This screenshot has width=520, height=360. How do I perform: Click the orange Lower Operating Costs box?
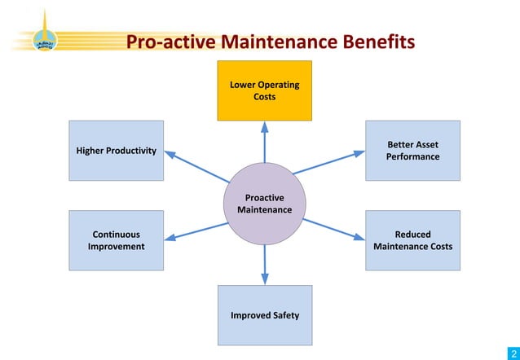[264, 90]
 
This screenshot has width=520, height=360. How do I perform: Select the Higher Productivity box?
[116, 151]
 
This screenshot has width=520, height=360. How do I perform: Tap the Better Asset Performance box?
[412, 151]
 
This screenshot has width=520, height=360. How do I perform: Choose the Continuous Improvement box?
[116, 240]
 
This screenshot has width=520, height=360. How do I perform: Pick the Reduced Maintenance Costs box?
[412, 240]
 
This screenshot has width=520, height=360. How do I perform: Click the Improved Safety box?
[264, 315]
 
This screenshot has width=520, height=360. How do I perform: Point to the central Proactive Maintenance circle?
[264, 204]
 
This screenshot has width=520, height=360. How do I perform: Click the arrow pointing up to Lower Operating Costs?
[264, 143]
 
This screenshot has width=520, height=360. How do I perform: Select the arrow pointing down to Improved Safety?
[264, 265]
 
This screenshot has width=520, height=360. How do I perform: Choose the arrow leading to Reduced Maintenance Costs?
[333, 229]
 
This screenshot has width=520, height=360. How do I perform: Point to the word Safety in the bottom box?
[284, 315]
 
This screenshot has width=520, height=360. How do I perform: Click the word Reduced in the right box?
[412, 235]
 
